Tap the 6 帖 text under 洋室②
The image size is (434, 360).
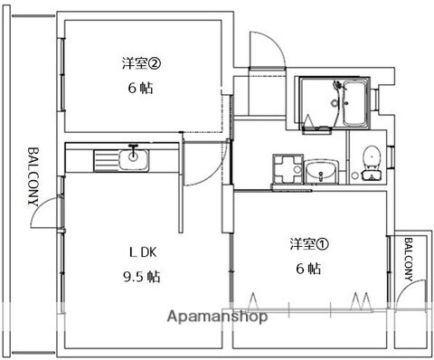139,90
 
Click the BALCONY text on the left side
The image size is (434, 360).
33,176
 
